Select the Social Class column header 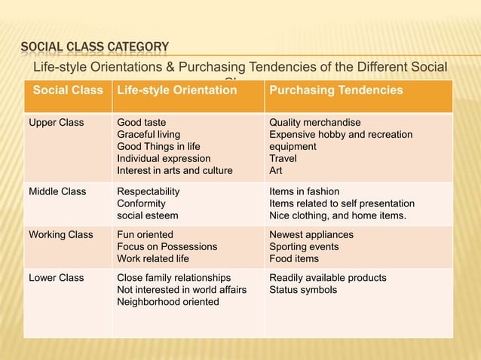[x=68, y=90]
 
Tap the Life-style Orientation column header [x=176, y=90]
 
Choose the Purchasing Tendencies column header [x=336, y=90]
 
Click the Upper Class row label [x=57, y=122]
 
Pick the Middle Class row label [x=57, y=191]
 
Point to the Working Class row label [x=61, y=234]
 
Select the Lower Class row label [x=57, y=278]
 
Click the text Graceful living [x=149, y=134]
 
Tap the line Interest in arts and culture [x=175, y=170]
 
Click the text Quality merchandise [x=315, y=122]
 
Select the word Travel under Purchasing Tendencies [x=283, y=158]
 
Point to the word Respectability [x=149, y=191]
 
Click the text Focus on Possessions [x=167, y=246]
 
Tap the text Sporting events [x=304, y=246]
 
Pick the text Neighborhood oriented [x=168, y=302]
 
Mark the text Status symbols [x=303, y=290]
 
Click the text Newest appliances [x=311, y=234]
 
